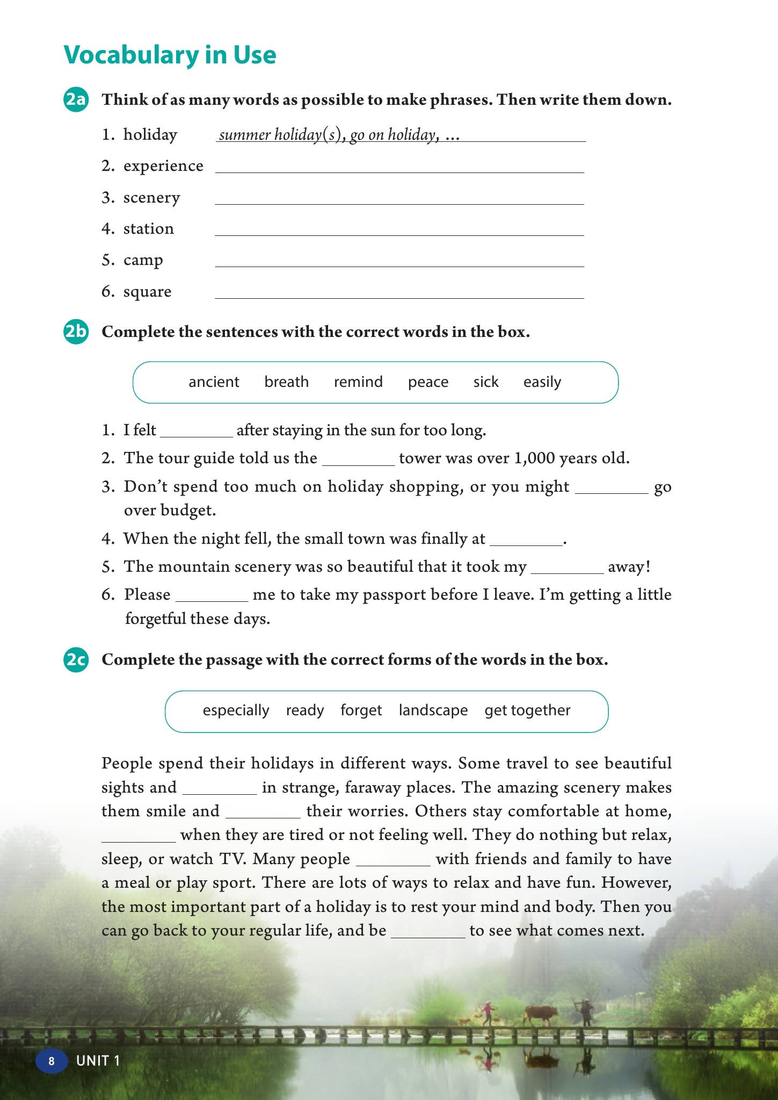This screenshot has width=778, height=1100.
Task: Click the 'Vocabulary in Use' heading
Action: tap(170, 55)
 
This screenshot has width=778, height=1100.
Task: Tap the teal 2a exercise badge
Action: tap(76, 100)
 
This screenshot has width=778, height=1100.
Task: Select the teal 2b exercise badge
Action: tap(76, 332)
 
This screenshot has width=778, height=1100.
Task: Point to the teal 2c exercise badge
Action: tap(76, 659)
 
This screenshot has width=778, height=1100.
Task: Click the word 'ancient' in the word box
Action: tap(214, 382)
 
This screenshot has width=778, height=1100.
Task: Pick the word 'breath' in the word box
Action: tap(286, 382)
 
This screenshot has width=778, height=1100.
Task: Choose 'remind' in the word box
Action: tap(358, 382)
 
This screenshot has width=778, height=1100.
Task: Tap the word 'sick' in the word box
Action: tap(486, 382)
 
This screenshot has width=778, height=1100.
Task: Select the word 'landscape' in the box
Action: tap(433, 710)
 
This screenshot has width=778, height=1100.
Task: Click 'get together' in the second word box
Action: tap(527, 710)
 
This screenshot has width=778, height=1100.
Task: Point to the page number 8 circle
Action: tap(52, 1061)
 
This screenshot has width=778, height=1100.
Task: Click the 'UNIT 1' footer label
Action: tap(98, 1061)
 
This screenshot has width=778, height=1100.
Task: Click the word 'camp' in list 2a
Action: tap(143, 260)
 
